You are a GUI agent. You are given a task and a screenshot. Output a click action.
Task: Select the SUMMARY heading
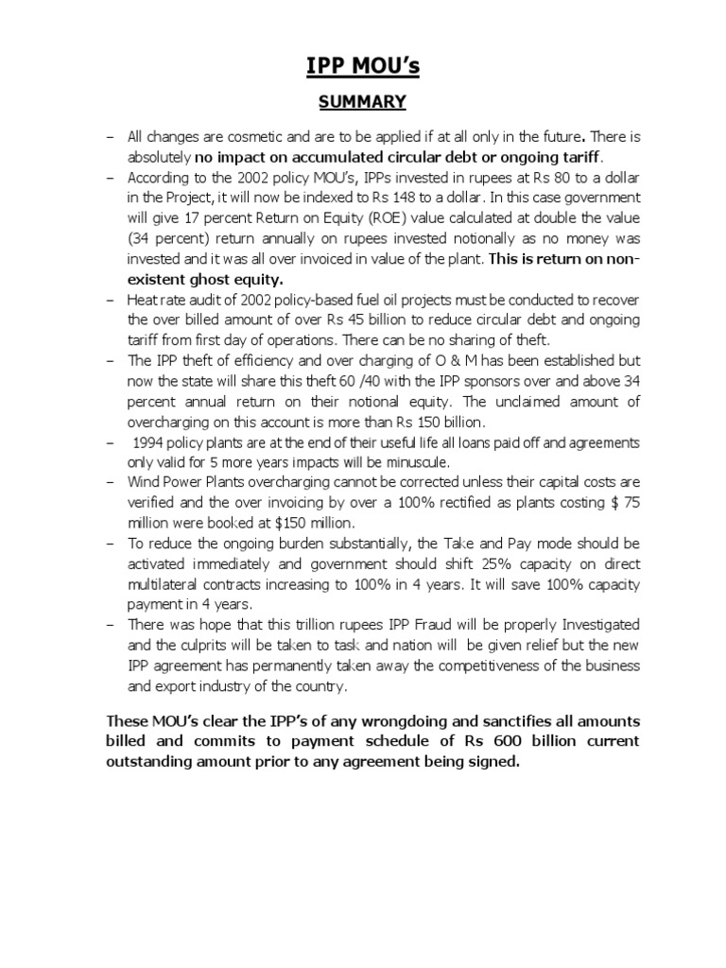click(362, 102)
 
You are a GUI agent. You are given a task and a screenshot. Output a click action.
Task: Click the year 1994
click(150, 442)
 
